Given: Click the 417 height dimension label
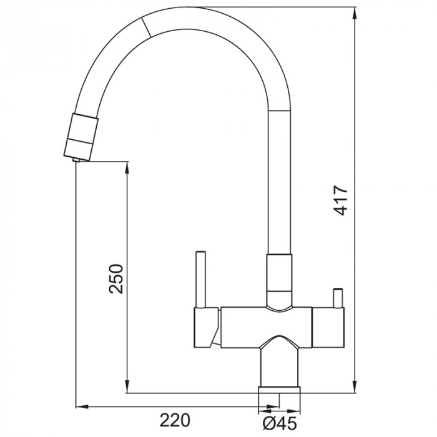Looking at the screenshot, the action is [341, 201].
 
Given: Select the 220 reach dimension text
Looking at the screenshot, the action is [175, 420].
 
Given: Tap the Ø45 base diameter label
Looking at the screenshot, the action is [280, 424].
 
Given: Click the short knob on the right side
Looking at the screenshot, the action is [338, 298].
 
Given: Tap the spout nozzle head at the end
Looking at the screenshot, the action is [81, 137].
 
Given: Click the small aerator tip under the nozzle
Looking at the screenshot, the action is [76, 160].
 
